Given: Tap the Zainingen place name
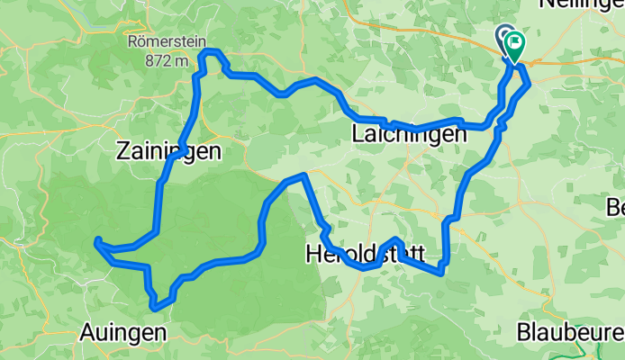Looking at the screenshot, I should point(168,152).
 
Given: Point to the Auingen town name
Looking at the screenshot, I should point(123,331).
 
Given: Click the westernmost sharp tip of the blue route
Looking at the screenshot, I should point(96,240).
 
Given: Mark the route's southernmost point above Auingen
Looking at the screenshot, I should point(156,308).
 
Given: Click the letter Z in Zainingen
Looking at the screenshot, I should point(122,152).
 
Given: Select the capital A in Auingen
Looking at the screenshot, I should point(87,331).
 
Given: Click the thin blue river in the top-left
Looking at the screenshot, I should point(54,40).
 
